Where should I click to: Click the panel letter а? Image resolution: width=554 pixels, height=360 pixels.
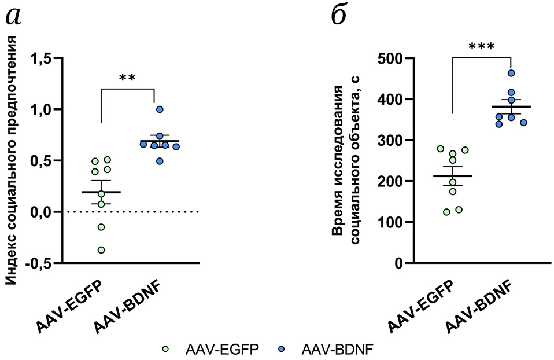coord(14,16)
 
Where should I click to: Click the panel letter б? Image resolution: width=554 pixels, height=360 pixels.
coord(339,15)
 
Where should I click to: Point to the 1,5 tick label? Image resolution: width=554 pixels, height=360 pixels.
coord(41,58)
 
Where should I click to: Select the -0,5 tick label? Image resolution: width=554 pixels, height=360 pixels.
coord(38,263)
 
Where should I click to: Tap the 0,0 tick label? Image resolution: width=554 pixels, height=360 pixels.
coord(41,212)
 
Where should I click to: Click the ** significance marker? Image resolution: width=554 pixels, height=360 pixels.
coord(127,78)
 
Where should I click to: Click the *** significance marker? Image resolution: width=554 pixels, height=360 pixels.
coord(481,47)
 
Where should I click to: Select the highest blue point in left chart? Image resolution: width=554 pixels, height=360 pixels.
coord(160,109)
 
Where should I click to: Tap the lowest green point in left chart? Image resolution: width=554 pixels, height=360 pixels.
coord(101,250)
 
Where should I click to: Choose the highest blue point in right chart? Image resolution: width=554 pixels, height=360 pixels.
coord(511,74)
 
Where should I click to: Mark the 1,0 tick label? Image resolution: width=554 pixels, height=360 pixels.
coord(41,109)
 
